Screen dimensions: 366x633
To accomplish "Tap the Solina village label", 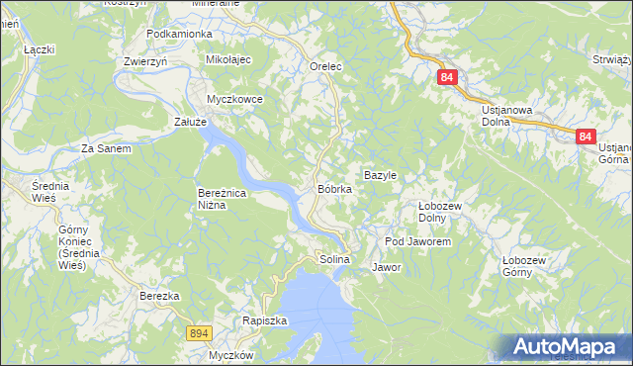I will [x=334, y=259].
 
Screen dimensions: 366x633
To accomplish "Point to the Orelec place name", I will [x=325, y=66].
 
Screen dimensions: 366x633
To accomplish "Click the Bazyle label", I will [x=381, y=175].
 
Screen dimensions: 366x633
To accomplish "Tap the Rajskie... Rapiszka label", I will [x=264, y=320].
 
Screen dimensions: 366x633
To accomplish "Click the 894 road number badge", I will [x=198, y=334].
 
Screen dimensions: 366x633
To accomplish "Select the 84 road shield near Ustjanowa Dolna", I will [x=448, y=76].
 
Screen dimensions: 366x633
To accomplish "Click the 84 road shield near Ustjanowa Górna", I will [x=586, y=137].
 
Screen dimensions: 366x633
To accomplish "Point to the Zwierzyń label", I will [x=144, y=60].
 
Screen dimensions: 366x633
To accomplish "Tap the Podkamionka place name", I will [x=179, y=34].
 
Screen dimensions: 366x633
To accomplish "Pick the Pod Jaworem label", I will [x=418, y=241].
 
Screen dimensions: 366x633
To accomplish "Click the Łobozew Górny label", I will [x=524, y=266].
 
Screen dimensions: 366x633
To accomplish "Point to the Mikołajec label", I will [x=229, y=60].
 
